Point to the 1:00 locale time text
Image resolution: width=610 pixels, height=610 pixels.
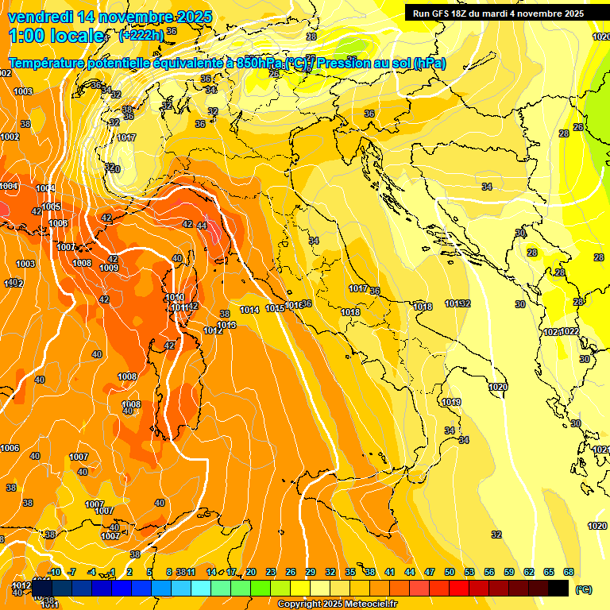56,36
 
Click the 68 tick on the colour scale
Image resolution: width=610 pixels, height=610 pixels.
569,572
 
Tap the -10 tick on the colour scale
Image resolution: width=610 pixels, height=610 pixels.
54,572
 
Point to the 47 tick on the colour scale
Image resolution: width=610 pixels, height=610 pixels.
430,572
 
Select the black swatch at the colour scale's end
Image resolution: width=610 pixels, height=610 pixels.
558,588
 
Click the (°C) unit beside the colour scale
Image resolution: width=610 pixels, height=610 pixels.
583,590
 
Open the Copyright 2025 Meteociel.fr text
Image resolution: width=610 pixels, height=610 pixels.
337,604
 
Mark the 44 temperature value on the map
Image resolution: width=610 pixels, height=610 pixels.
202,226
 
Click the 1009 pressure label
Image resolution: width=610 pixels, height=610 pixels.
109,268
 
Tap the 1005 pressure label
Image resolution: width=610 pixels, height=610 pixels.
51,207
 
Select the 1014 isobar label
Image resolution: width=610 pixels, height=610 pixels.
249,310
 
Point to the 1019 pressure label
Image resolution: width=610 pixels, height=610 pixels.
451,403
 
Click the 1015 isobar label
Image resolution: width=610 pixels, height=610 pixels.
275,308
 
